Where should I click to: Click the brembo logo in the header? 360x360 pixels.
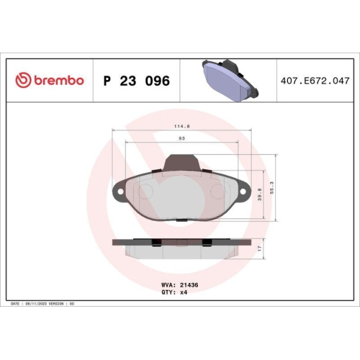tap(50, 80)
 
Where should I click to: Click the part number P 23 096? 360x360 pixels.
tap(137, 81)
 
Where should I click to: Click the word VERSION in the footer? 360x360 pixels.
tap(57, 304)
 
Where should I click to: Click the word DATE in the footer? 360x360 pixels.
tap(15, 304)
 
